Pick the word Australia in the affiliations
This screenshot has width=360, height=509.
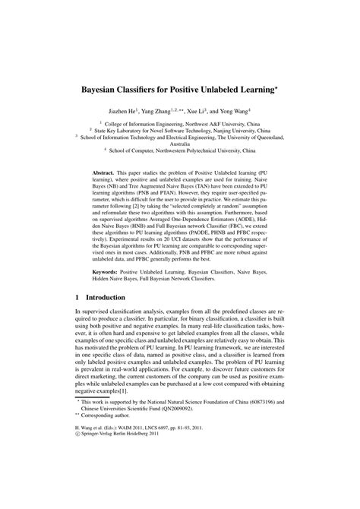180,143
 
